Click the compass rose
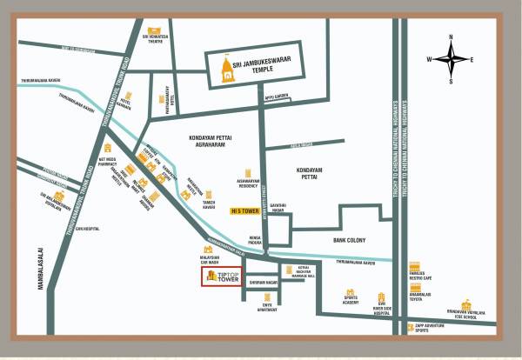450,59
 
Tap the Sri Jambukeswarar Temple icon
229,70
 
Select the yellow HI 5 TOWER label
245,210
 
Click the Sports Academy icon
350,292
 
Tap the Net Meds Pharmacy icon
107,149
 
